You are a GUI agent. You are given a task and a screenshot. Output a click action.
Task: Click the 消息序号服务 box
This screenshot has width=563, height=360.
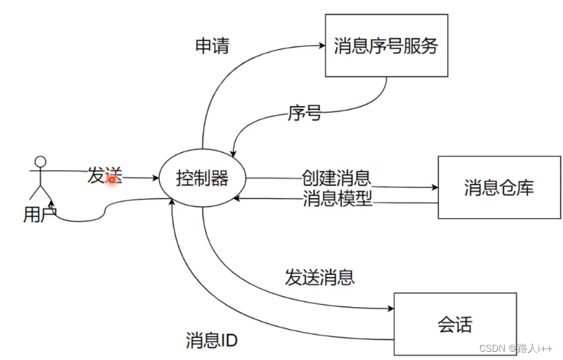(386, 46)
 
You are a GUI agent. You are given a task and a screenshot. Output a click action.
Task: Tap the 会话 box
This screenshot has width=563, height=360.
(455, 324)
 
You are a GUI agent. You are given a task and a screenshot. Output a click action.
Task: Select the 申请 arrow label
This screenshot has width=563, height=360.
(212, 47)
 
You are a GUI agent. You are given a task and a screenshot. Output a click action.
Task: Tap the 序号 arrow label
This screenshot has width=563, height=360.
(304, 114)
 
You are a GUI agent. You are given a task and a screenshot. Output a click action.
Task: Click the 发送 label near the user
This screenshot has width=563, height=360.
(104, 176)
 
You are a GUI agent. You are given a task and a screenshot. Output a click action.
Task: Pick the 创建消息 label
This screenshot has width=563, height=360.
(336, 178)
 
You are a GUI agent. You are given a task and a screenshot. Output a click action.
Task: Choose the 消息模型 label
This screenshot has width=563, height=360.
(337, 200)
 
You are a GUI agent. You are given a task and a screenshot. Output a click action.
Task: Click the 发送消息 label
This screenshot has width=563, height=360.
(320, 277)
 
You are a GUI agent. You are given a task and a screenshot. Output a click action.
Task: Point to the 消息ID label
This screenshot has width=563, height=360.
(211, 340)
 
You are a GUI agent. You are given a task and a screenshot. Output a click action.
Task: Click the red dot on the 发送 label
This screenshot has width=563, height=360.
(110, 179)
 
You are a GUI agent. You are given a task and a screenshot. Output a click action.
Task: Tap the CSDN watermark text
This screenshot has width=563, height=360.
(491, 348)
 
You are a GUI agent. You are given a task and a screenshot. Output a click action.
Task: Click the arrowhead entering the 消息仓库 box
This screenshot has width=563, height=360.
(434, 187)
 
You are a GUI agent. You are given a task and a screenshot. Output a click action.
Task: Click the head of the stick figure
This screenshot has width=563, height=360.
(40, 163)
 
